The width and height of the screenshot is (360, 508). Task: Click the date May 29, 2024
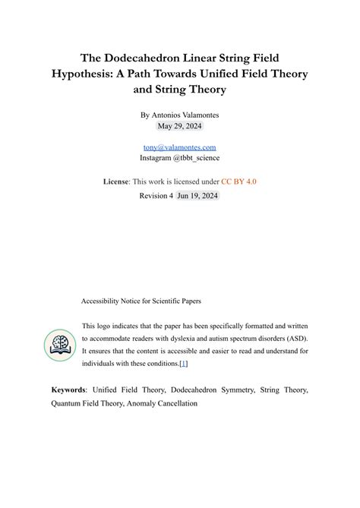[180, 125]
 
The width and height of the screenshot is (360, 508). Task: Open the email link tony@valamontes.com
[179, 147]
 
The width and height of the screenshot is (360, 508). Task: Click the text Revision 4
[156, 195]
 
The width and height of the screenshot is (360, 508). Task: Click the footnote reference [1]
[183, 364]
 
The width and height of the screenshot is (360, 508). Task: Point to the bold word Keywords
[68, 390]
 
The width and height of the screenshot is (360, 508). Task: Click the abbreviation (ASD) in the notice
[298, 338]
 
